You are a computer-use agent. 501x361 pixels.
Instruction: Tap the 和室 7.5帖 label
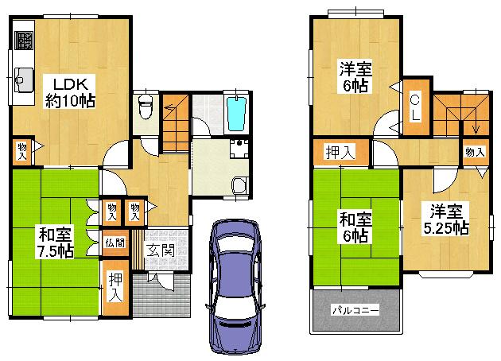(54, 243)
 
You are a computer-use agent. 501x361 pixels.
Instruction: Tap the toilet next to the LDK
(144, 104)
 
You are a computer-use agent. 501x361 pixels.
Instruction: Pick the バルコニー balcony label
(355, 309)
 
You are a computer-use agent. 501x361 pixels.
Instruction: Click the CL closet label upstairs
(415, 106)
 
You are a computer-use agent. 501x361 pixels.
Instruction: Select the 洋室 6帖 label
(352, 76)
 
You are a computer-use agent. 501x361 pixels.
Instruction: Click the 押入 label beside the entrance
(116, 285)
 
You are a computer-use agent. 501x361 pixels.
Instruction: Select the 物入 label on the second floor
(474, 152)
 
